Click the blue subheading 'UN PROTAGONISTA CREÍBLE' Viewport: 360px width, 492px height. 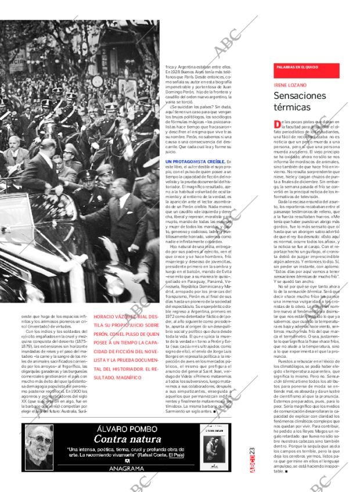pos(195,161)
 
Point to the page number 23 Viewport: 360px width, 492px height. pos(251,451)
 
